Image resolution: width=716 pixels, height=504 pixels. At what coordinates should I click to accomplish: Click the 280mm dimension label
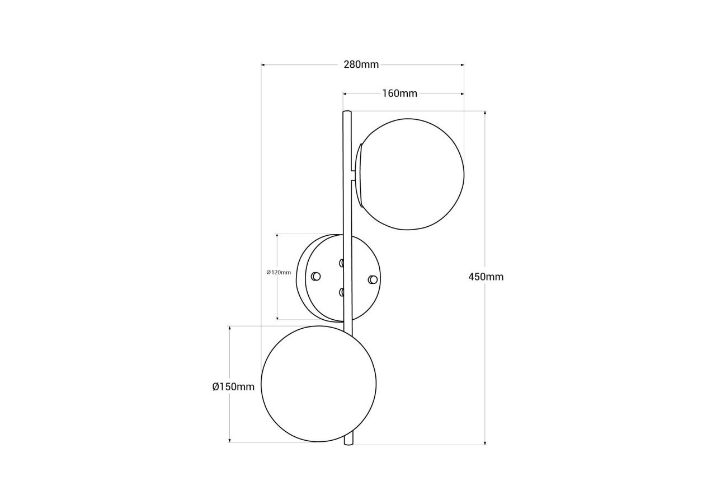pyautogui.click(x=361, y=64)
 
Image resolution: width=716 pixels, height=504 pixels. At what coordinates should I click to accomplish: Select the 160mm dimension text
pyautogui.click(x=400, y=94)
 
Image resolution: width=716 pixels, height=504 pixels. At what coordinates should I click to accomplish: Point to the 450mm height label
pyautogui.click(x=486, y=277)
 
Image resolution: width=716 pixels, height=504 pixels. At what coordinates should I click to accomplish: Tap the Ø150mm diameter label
pyautogui.click(x=233, y=387)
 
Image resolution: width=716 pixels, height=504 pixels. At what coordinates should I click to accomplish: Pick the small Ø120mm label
pyautogui.click(x=279, y=272)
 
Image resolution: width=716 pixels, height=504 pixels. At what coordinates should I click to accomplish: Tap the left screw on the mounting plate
pyautogui.click(x=316, y=276)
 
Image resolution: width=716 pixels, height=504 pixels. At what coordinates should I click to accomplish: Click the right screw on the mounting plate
pyautogui.click(x=373, y=279)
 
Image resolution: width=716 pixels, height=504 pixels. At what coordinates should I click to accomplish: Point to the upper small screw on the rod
pyautogui.click(x=341, y=263)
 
